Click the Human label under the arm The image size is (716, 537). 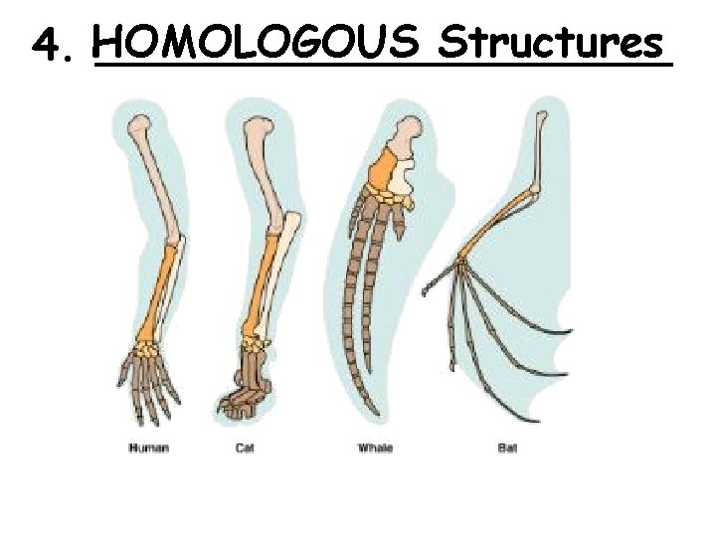pyautogui.click(x=149, y=448)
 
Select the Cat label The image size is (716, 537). pyautogui.click(x=244, y=448)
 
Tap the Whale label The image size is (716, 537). pyautogui.click(x=375, y=448)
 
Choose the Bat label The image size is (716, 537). pyautogui.click(x=507, y=448)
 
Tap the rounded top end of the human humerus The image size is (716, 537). pyautogui.click(x=140, y=124)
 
